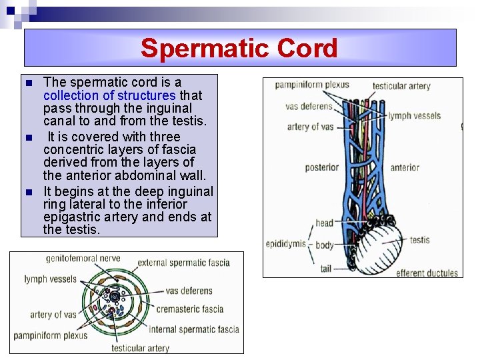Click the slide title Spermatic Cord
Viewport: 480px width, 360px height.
239,48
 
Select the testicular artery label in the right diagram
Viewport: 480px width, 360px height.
401,86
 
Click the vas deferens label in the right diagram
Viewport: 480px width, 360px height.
309,106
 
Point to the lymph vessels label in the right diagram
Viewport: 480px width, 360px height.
415,115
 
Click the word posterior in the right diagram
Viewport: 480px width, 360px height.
322,167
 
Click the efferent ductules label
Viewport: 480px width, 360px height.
427,273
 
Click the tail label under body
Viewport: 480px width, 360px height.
325,269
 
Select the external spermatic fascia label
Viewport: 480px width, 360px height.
193,262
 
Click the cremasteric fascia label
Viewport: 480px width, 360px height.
190,309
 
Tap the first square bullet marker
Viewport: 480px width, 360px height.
28,83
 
